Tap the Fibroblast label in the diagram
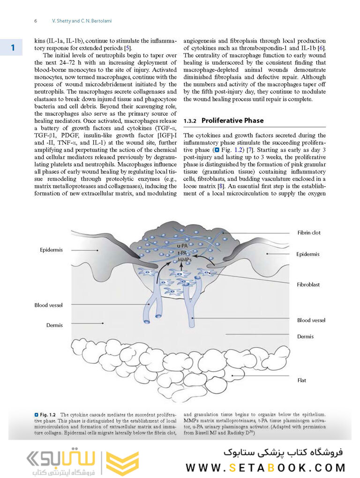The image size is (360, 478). pos(308,284)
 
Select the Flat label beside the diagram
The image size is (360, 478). pos(301,380)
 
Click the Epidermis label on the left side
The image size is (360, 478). pos(51,250)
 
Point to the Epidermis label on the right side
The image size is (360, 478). pos(308,254)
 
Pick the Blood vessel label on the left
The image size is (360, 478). pos(49,305)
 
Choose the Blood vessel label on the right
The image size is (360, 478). pos(311,320)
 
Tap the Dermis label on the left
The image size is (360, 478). pos(54,325)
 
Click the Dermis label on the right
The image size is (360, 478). pos(305,336)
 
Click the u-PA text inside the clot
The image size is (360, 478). pos(183,246)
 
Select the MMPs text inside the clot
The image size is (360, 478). pos(184,260)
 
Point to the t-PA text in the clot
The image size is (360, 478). pos(183,253)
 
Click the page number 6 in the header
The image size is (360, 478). pos(36,21)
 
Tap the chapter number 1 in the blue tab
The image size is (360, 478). pos(13,48)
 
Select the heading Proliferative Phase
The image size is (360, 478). pos(232,120)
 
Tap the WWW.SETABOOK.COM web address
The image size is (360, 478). pos(265,467)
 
